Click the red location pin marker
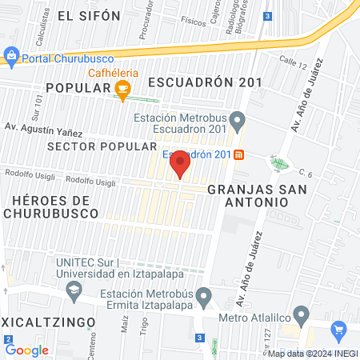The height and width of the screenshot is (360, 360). coord(180,164)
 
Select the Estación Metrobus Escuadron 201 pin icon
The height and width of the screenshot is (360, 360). coord(237,122)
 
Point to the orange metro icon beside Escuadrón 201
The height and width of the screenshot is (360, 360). coord(238,154)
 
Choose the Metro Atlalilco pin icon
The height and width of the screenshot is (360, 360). coord(301,313)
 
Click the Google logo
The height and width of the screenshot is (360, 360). coord(26,350)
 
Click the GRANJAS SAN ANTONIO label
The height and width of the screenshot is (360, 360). coord(247,196)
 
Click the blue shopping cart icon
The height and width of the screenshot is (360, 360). coord(338,329)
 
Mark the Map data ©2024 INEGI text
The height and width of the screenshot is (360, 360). coord(312,354)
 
